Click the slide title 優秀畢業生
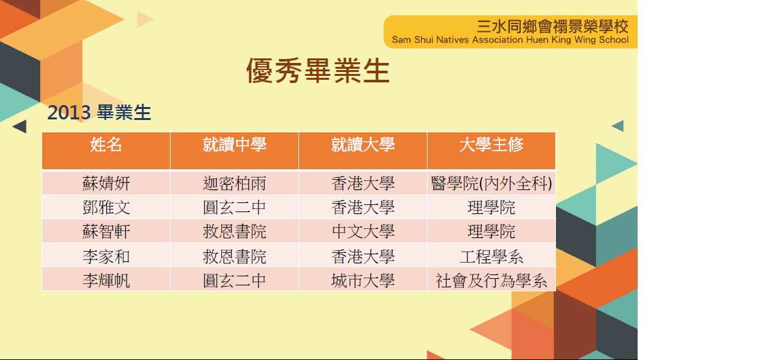click(318, 71)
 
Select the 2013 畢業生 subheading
click(99, 112)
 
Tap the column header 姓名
click(106, 144)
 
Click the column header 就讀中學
click(234, 144)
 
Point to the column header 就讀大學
click(363, 144)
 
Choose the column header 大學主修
click(491, 144)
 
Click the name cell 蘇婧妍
click(106, 184)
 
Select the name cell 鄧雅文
click(106, 208)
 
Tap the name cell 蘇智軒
click(106, 232)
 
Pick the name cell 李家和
click(106, 256)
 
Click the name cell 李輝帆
click(106, 280)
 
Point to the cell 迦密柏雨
click(234, 184)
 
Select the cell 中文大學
click(363, 232)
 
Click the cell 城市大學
click(363, 280)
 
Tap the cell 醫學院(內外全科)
click(491, 184)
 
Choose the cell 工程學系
click(491, 256)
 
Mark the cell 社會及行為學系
click(491, 280)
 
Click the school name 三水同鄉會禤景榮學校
click(552, 25)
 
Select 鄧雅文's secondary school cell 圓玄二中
click(234, 208)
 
